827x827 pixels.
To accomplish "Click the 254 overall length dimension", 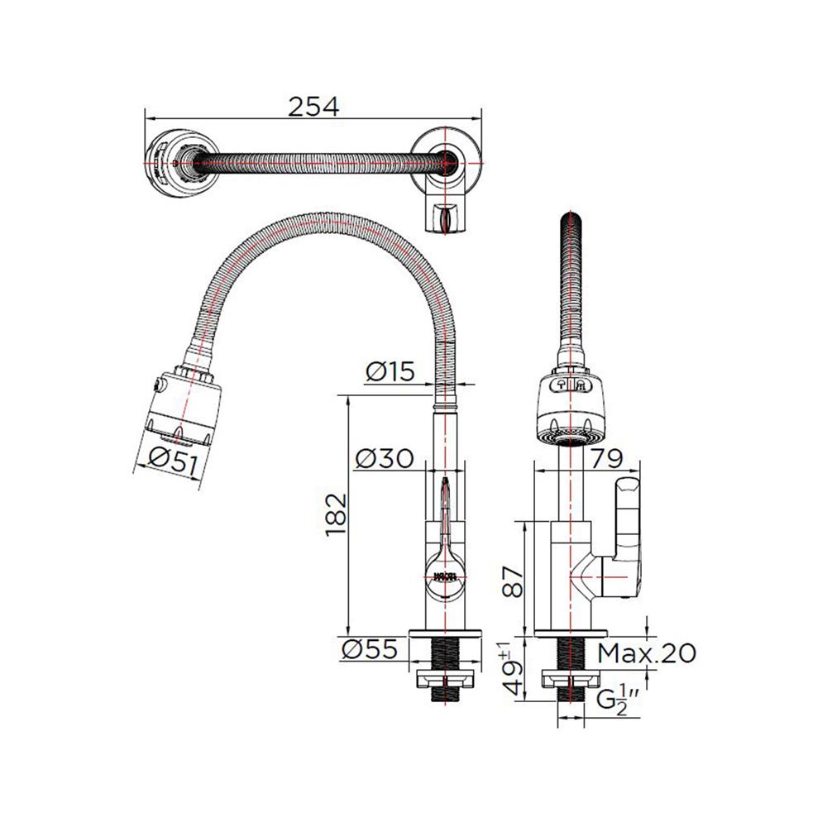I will click(x=313, y=107).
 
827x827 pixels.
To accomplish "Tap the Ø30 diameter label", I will click(x=385, y=458).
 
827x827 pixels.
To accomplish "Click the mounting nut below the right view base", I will click(x=567, y=681).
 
